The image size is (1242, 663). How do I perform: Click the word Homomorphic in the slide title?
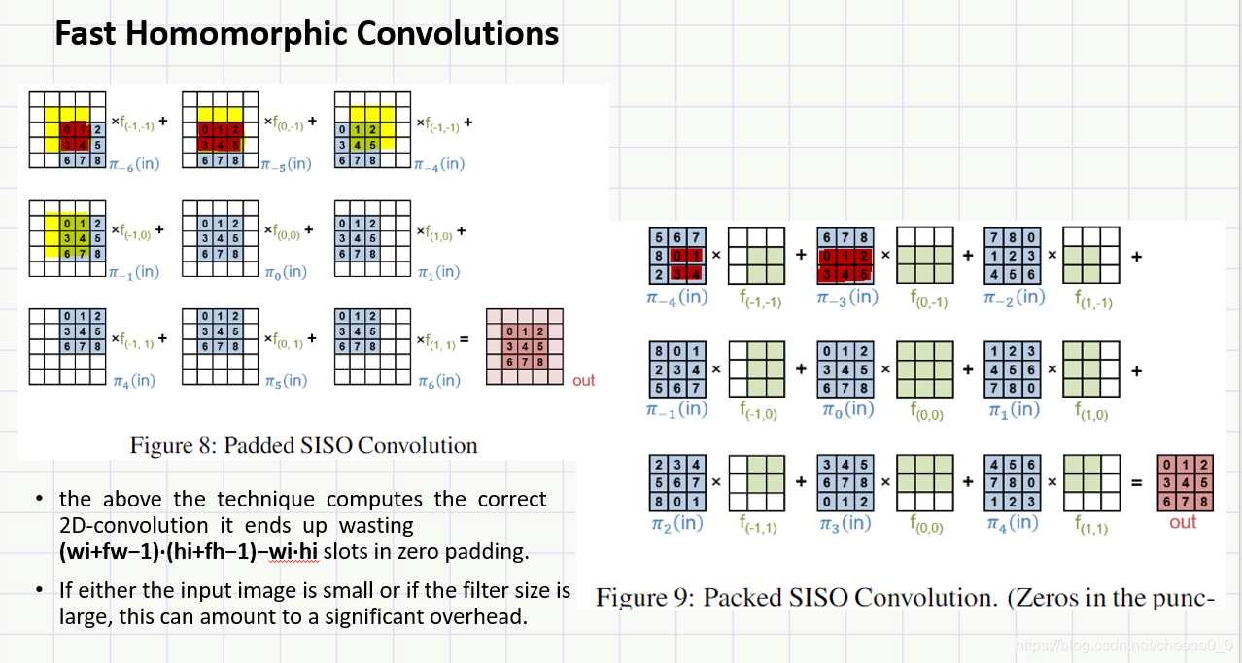[x=252, y=34]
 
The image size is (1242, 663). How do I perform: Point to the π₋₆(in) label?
[x=134, y=163]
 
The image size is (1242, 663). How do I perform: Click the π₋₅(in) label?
[x=286, y=163]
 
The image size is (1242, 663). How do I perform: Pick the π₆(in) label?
[x=437, y=380]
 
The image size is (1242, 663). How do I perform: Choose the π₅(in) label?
[x=286, y=380]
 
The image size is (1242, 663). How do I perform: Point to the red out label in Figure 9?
[x=1183, y=522]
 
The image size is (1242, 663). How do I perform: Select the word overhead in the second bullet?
[x=480, y=616]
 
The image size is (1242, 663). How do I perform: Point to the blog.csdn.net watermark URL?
[x=1122, y=645]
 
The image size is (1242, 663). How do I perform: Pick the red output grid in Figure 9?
[x=1183, y=483]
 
